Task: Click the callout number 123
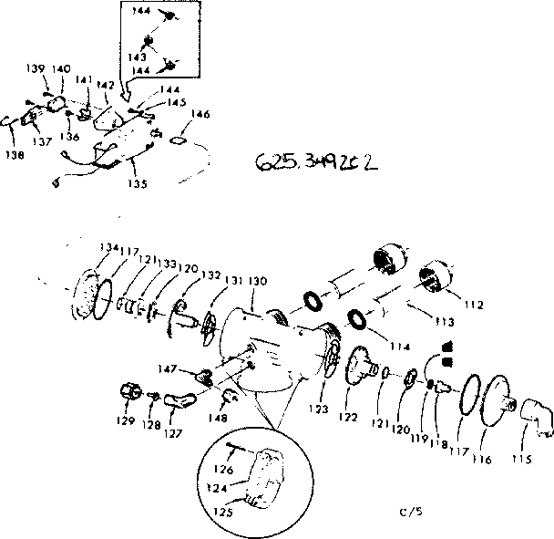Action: pos(318,410)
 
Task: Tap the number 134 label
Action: pos(108,247)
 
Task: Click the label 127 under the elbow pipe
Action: pos(172,434)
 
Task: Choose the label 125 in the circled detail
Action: pos(222,513)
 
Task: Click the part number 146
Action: pos(200,115)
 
